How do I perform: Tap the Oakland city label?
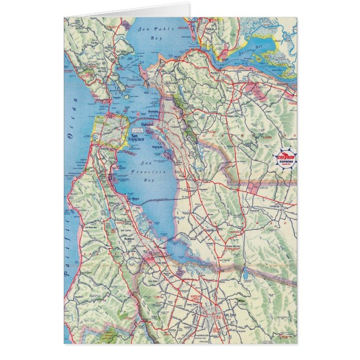coord(148,124)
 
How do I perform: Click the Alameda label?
coord(158,147)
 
